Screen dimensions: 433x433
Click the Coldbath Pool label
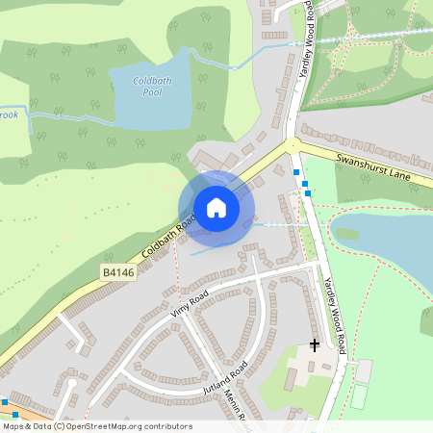click(151, 88)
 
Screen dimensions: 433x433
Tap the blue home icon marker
click(216, 208)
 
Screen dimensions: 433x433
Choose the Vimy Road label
click(190, 305)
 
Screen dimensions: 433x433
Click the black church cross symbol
click(315, 344)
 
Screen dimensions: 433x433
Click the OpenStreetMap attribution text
click(97, 426)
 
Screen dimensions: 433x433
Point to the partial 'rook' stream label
click(9, 114)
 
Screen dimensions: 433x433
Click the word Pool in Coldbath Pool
click(151, 94)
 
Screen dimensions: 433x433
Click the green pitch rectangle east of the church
click(359, 395)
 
